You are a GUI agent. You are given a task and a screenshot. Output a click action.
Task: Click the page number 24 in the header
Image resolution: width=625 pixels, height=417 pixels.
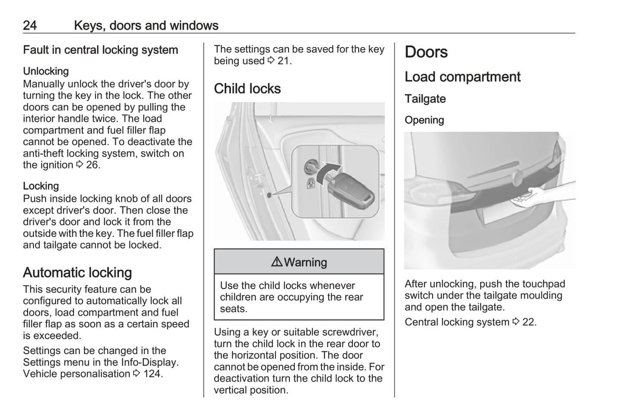pos(30,25)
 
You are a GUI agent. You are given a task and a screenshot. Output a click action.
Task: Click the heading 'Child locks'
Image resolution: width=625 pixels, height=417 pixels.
pos(247,89)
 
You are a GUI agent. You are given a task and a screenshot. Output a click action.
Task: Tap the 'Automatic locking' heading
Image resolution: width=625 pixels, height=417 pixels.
pos(77,273)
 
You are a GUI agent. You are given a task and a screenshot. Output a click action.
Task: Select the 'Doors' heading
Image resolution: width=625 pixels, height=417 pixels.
pos(426,52)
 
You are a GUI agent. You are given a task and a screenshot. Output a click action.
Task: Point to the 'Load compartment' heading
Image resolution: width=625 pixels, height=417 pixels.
pos(462,77)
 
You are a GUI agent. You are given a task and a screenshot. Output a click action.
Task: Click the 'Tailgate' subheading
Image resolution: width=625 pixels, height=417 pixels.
pos(425,99)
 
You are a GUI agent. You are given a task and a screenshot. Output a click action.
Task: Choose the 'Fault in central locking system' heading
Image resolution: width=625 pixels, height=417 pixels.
pos(100,50)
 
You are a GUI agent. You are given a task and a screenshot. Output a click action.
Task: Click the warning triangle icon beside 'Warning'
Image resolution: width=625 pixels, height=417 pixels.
pos(277,262)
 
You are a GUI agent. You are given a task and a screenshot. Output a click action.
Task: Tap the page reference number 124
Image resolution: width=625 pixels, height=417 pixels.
pos(152,374)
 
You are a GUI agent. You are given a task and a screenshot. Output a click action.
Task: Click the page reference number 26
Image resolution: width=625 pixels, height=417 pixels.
pos(92,165)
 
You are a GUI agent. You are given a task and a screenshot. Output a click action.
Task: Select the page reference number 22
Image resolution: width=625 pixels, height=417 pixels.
pos(529,322)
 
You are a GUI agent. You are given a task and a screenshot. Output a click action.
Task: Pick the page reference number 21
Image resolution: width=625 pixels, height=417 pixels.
pos(283,61)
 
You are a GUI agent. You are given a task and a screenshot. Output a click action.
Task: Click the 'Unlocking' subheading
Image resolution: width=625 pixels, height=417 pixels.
pos(46,71)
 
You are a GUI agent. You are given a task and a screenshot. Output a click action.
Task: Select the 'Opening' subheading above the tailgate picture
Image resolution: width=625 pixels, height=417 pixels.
pos(424,120)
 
